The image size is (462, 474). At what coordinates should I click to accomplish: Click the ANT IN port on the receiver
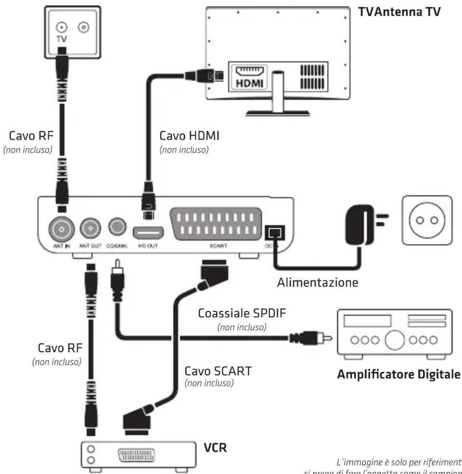coord(62,230)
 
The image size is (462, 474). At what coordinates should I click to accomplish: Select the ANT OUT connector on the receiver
coord(90,229)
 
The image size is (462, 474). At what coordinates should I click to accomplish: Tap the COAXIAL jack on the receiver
coord(117,227)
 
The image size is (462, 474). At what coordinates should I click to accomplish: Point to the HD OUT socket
coord(148,233)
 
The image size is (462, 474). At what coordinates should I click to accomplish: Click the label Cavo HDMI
coord(189,136)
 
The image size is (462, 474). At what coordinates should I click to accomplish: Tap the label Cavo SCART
coord(218,371)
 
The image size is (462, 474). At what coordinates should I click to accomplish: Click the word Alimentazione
coord(317,282)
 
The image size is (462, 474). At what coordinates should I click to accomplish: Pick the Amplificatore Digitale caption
coord(399,375)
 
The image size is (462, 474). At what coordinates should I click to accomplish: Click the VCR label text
coord(215,448)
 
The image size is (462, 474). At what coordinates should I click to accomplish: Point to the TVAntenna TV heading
coord(399,12)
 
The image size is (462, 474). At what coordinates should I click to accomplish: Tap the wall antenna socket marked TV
coord(62,28)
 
